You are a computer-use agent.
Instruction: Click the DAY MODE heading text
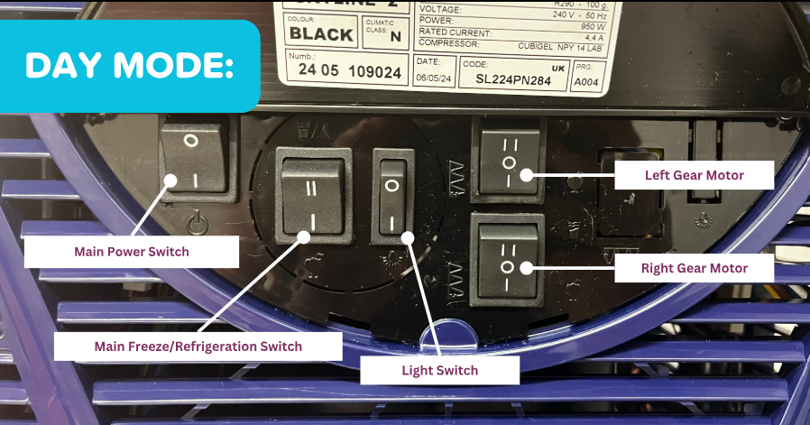(129, 66)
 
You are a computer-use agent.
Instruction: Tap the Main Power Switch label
(132, 252)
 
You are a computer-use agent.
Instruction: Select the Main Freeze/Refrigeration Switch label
(198, 346)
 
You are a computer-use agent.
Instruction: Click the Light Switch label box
(440, 370)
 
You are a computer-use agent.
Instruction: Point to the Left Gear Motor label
(694, 173)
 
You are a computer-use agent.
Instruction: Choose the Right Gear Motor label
(694, 268)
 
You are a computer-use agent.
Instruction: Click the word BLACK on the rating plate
(321, 35)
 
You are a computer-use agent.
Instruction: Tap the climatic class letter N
(394, 37)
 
